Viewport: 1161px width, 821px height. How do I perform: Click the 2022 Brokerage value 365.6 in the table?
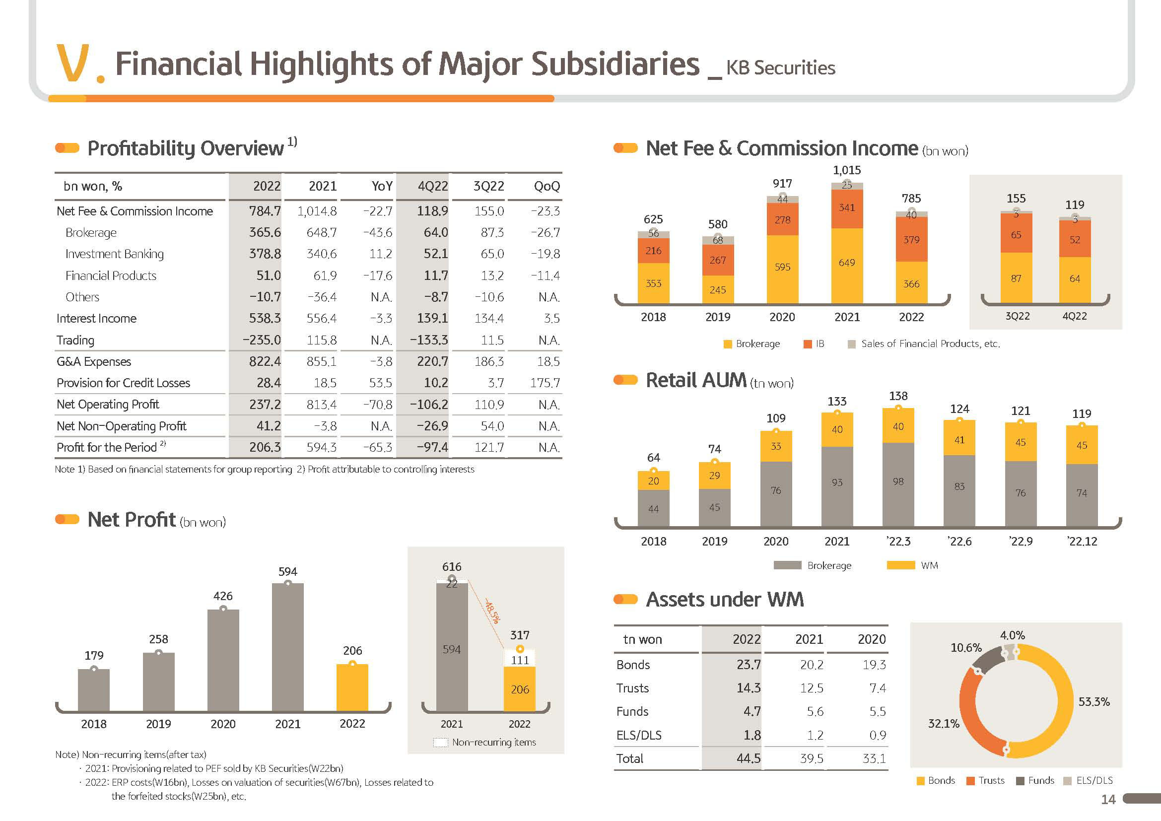pos(265,232)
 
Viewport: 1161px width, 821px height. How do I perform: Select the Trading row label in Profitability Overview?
pos(75,340)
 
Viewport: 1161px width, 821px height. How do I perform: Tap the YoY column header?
pos(382,187)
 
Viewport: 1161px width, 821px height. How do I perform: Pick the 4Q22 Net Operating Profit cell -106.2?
pos(429,405)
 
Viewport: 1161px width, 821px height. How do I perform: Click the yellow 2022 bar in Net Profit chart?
pos(352,687)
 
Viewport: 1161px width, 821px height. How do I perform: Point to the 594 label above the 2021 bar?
pos(288,572)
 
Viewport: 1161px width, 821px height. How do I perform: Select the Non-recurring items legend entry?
pos(493,742)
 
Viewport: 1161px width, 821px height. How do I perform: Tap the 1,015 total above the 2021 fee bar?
pos(847,170)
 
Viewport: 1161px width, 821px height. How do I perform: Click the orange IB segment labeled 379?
pos(911,240)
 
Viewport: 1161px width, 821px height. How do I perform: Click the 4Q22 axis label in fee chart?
pos(1075,317)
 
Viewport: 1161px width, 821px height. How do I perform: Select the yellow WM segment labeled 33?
pos(776,446)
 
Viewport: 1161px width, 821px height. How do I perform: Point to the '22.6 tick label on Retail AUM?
pos(959,542)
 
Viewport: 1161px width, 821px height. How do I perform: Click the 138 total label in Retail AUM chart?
pos(898,396)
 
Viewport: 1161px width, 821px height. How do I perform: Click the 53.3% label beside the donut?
pos(1094,702)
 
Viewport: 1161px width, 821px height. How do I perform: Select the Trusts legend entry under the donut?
pos(986,781)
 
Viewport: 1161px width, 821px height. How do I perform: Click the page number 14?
pos(1108,799)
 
